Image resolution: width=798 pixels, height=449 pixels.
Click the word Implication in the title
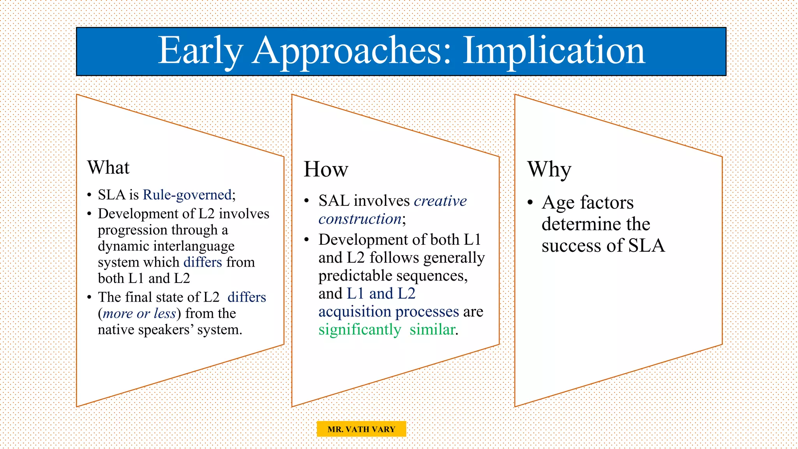tap(554, 51)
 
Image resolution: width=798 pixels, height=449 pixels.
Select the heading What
tap(108, 168)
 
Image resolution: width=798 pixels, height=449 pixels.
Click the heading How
tap(326, 169)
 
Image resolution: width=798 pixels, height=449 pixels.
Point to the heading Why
tap(549, 169)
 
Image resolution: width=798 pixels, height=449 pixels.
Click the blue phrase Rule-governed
tap(187, 194)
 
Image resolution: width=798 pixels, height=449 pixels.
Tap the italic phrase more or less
tap(139, 313)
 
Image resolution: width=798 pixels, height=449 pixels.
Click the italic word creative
tap(440, 201)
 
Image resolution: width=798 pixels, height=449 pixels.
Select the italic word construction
tap(360, 219)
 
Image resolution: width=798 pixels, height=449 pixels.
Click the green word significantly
tap(359, 330)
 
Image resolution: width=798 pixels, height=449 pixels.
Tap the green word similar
tap(432, 330)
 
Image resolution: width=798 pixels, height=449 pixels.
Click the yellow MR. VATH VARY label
tap(361, 429)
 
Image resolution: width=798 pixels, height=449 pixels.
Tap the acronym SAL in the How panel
tap(334, 201)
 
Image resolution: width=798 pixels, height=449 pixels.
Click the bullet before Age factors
tap(530, 203)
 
